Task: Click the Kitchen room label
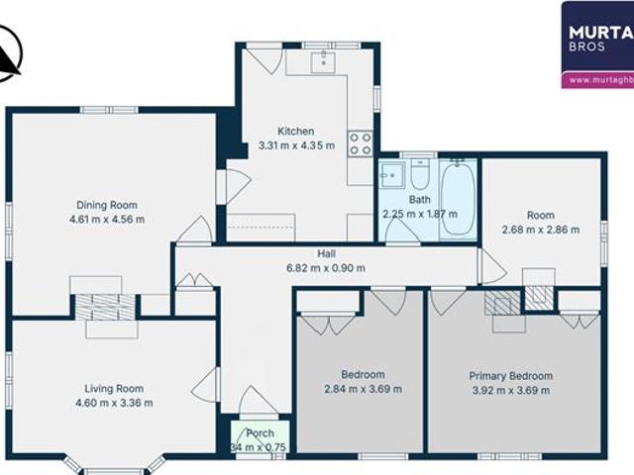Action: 295,131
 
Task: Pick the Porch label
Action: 260,433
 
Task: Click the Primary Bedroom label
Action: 511,376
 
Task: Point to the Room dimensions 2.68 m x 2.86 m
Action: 540,229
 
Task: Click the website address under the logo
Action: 598,78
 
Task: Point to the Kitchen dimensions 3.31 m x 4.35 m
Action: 295,145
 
